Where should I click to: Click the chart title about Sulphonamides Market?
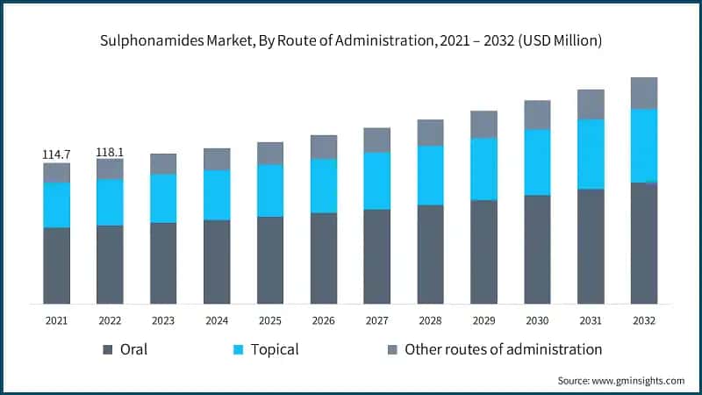point(351,40)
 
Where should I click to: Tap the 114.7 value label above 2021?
point(56,154)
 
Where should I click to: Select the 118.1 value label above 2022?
point(110,151)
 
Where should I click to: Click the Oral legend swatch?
point(108,349)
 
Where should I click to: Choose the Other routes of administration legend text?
point(503,349)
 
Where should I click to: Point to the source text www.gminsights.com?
point(620,380)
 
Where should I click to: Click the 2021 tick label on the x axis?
point(56,321)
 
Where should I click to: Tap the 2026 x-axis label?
point(324,321)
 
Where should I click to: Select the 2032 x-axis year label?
point(644,321)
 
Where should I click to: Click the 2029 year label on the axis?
point(484,321)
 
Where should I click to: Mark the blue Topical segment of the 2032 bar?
point(644,145)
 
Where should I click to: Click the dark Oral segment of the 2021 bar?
point(56,265)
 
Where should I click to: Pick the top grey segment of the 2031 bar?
point(591,104)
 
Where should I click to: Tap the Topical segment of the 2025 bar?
point(270,190)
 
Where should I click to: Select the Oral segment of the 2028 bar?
point(430,254)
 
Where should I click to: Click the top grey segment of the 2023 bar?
point(163,163)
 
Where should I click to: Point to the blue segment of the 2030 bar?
point(537,162)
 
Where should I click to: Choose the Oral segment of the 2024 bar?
point(217,262)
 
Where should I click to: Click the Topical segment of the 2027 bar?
point(376,181)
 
